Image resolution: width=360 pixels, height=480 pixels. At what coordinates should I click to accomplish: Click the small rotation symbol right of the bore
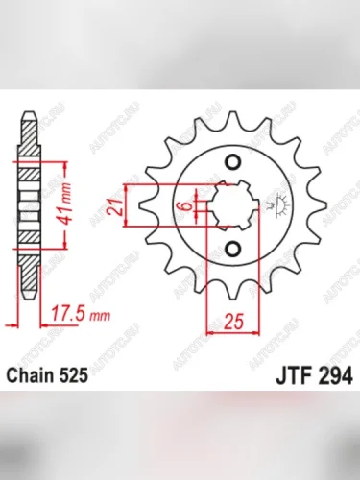pos(279,202)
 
